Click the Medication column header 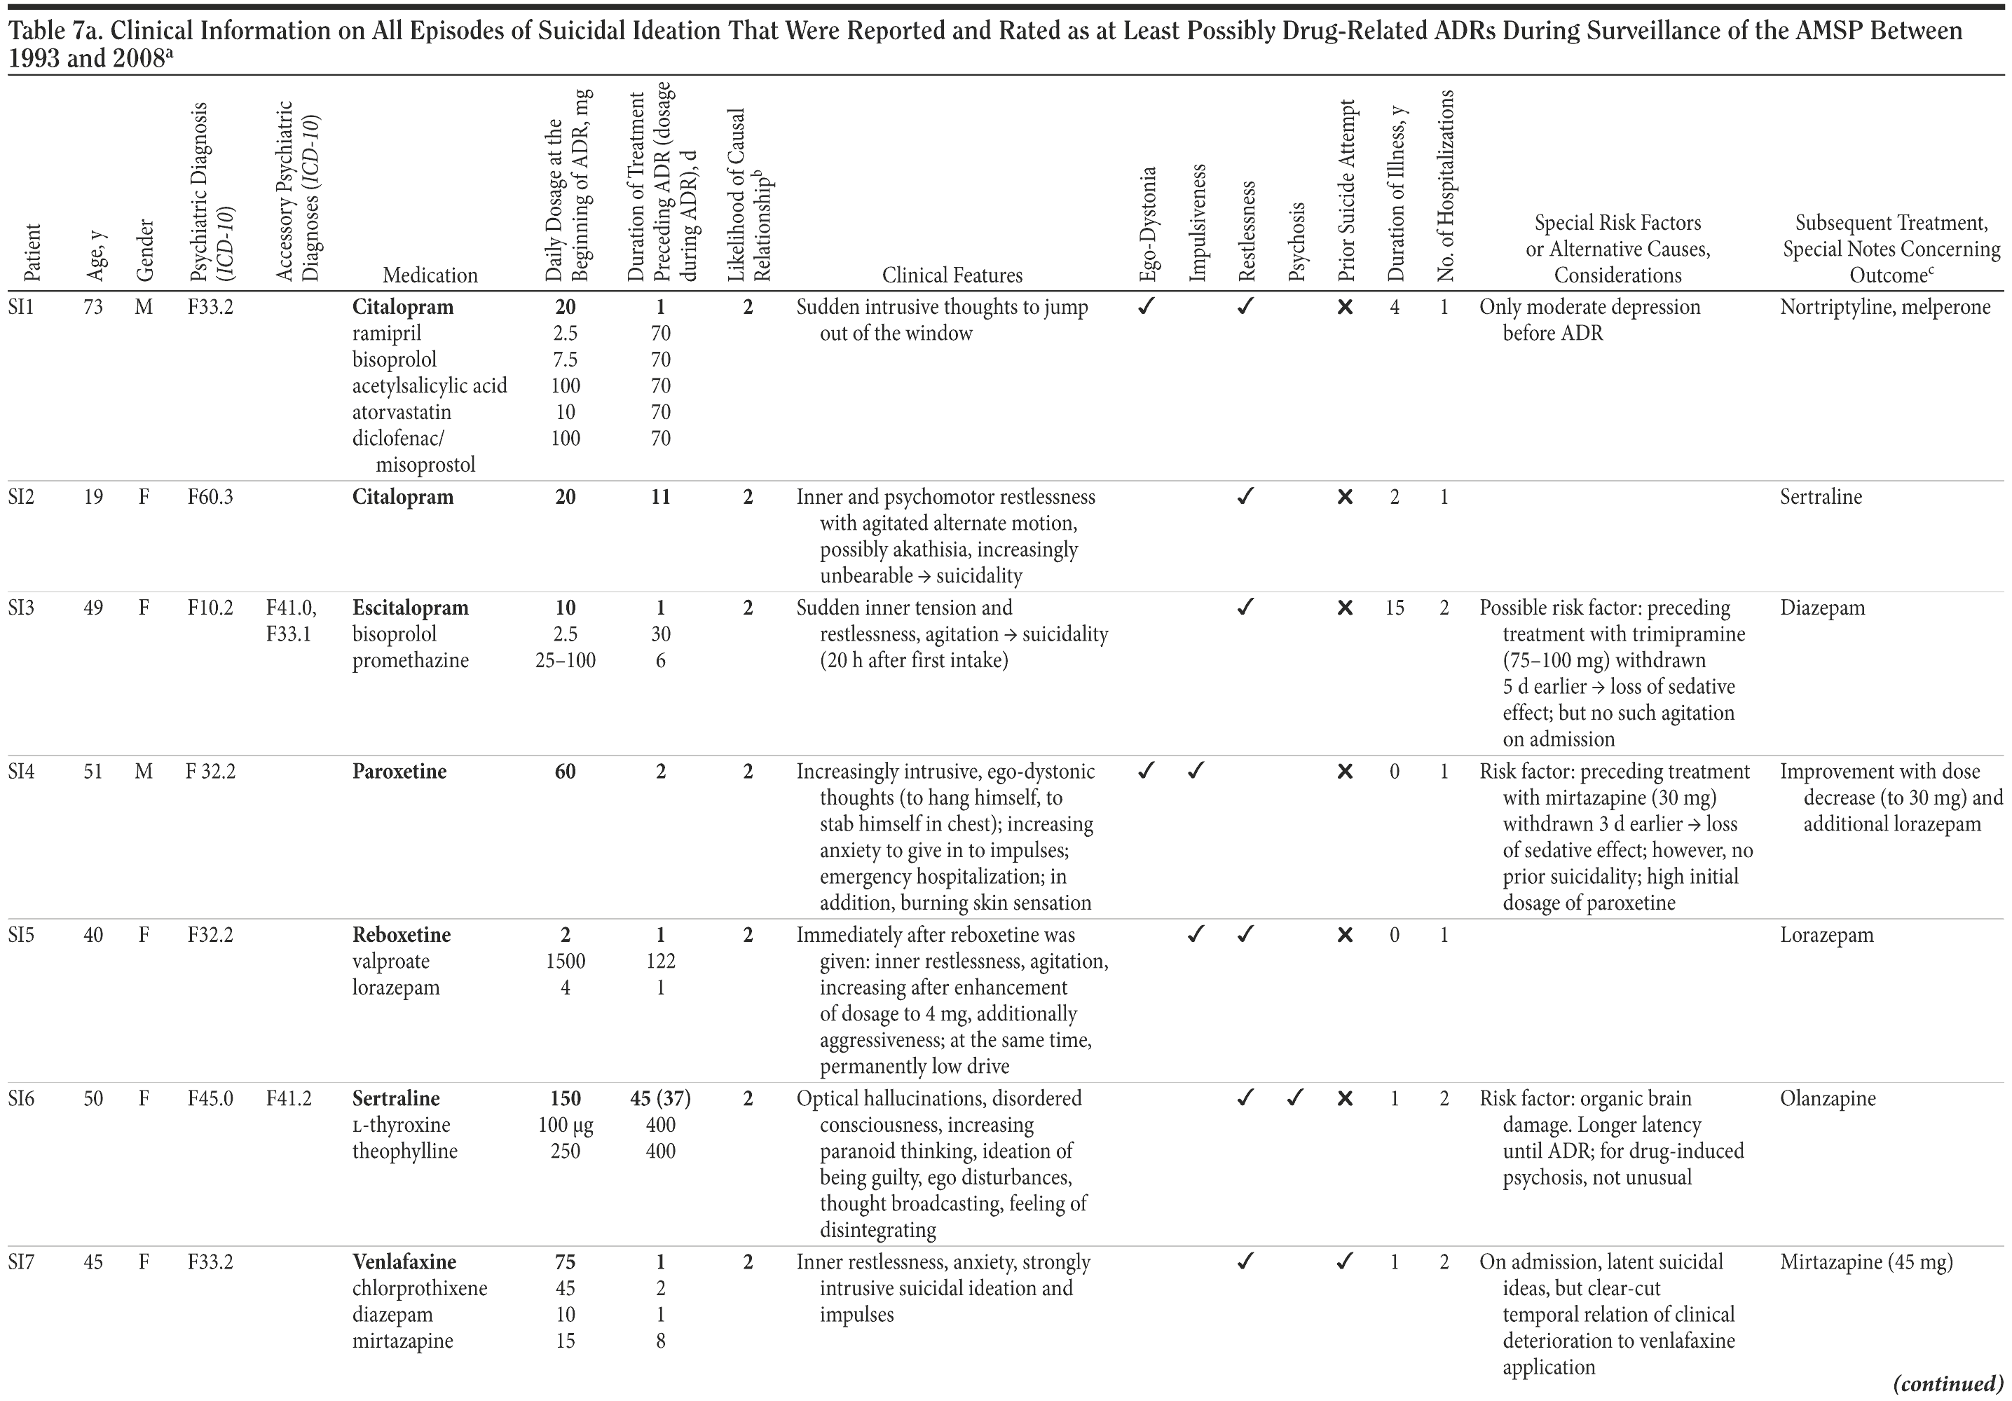pos(430,275)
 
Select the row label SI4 pos(21,772)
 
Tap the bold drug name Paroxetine pos(399,772)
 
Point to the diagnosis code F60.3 pos(210,498)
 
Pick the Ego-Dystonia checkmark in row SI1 pos(1145,307)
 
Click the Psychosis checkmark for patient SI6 pos(1295,1098)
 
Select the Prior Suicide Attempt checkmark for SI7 pos(1345,1262)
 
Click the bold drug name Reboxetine pos(402,935)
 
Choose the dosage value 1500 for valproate pos(566,961)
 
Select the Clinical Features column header pos(952,275)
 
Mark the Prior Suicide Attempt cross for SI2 pos(1345,498)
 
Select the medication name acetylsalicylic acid pos(430,386)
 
